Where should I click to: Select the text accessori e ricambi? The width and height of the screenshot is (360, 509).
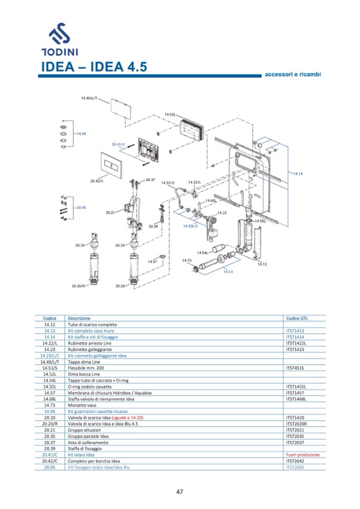[293, 74]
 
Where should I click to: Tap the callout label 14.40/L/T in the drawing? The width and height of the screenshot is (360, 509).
[90, 98]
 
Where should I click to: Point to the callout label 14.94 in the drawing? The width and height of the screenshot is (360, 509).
[81, 134]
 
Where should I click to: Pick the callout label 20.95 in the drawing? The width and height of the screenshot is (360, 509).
[81, 208]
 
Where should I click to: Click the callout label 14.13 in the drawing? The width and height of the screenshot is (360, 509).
[227, 272]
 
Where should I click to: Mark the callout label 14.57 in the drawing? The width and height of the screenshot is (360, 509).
[152, 261]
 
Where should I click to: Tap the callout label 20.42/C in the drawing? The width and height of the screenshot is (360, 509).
[96, 181]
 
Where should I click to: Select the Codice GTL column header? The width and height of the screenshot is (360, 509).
[297, 318]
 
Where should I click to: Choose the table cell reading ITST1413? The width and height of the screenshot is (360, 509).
[295, 331]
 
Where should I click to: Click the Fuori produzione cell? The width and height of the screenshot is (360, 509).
[303, 455]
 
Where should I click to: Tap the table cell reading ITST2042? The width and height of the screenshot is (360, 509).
[295, 461]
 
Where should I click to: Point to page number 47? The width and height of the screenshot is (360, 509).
[179, 491]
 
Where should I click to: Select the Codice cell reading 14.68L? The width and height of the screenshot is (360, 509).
[50, 399]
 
